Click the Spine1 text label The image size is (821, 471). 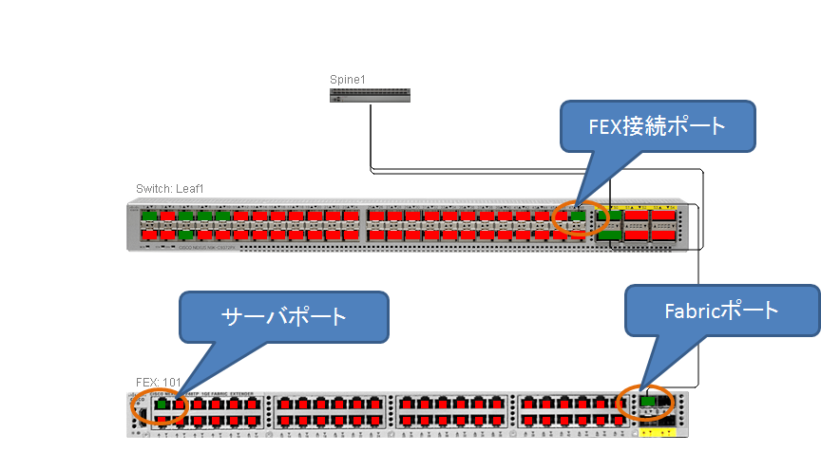(x=347, y=79)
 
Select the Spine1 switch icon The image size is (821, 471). (x=371, y=94)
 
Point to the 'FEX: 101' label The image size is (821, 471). (x=158, y=382)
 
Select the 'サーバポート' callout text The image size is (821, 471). (x=284, y=316)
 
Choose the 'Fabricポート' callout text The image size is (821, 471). (x=723, y=310)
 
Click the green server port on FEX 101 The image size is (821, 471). (x=162, y=404)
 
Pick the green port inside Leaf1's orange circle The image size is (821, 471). (x=578, y=216)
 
